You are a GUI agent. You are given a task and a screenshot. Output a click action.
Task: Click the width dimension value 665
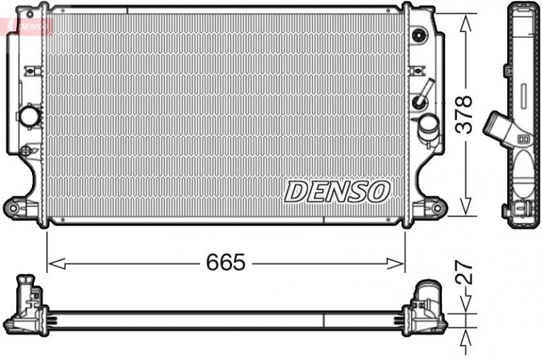225,263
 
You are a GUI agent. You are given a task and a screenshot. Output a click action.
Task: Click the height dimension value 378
464,114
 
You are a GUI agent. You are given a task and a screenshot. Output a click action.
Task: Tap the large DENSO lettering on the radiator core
337,192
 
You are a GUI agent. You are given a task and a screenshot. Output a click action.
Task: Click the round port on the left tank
30,115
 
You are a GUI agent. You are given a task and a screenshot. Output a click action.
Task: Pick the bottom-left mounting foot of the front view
17,205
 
